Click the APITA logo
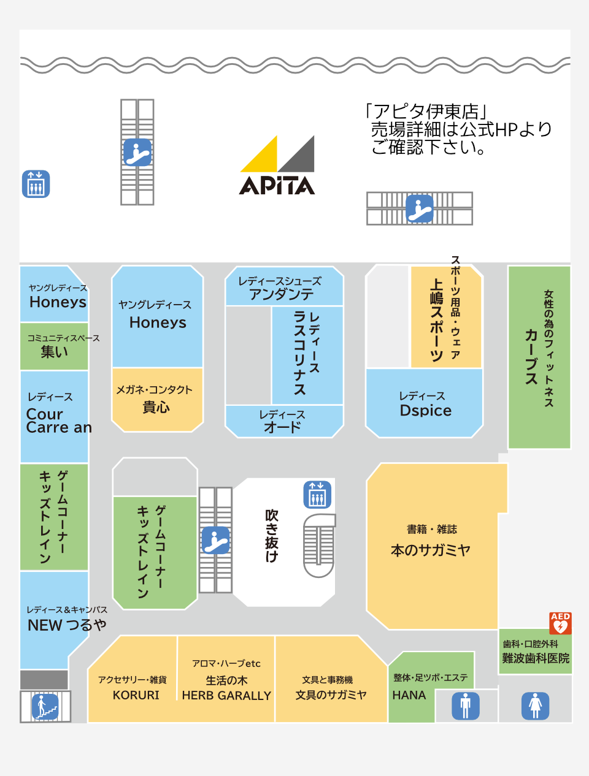click(277, 165)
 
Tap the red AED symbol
click(560, 623)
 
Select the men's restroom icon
click(466, 706)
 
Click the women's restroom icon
click(535, 706)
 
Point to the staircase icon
click(45, 707)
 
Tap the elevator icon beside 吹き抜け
click(317, 495)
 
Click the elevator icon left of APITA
click(36, 184)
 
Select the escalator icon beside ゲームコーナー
click(215, 540)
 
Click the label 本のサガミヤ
click(431, 550)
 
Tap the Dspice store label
click(426, 411)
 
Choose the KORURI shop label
click(136, 695)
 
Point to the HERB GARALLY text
click(226, 695)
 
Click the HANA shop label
click(409, 695)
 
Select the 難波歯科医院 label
click(536, 658)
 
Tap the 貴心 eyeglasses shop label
click(156, 407)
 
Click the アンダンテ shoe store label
click(281, 294)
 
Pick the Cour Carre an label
click(59, 420)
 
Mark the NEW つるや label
click(67, 625)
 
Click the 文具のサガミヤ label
click(331, 694)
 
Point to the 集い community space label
click(54, 351)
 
